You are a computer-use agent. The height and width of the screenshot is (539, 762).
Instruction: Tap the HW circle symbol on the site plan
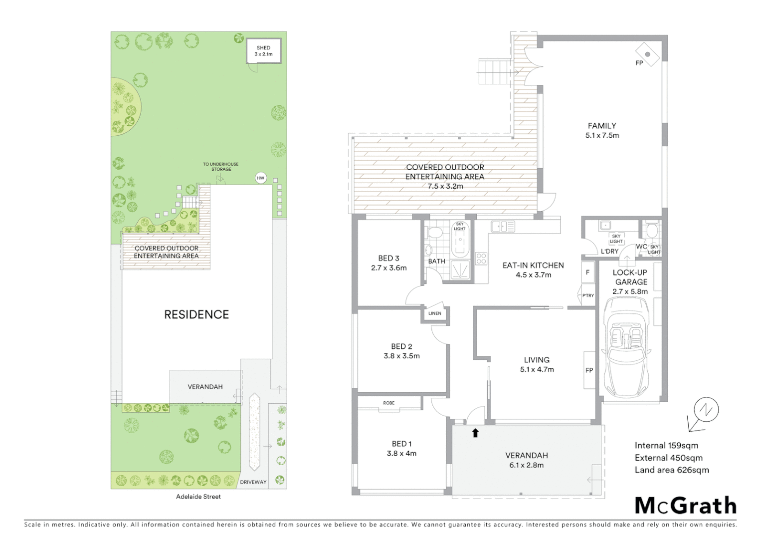coord(260,178)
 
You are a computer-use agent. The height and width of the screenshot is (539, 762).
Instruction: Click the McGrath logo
coord(685,506)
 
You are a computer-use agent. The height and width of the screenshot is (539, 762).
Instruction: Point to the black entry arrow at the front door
coord(475,433)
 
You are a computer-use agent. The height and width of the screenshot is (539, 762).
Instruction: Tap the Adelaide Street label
coord(198,497)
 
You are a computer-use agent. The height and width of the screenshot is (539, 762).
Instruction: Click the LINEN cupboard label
coord(435,313)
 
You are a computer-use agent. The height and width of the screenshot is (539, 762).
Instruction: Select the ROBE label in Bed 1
coord(389,403)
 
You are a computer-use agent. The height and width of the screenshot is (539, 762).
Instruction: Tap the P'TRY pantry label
coord(588,295)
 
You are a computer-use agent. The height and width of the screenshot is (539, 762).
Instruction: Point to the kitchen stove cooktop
coord(481,259)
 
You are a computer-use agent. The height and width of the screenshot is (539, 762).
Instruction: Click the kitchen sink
coord(502,227)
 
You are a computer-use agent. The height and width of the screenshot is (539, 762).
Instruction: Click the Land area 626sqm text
coord(671,470)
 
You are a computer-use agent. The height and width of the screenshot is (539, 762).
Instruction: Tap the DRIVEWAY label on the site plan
coord(253,482)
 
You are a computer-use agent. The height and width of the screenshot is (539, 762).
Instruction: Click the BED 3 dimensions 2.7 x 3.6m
coord(388,268)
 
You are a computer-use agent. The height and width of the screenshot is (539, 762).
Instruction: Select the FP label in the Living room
coord(589,370)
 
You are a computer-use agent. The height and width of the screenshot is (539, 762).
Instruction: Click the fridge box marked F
coord(588,272)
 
